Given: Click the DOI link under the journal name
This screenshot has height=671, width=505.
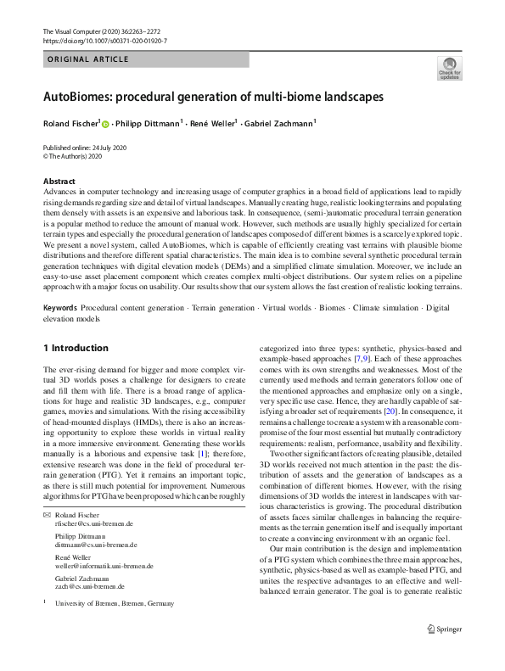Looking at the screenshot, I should pos(104,40).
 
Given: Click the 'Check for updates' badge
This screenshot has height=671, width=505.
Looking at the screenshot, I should pos(449,69).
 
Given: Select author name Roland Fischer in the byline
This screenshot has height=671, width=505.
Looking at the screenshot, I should pos(70,124).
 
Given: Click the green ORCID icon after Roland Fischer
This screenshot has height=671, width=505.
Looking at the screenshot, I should pos(106,124).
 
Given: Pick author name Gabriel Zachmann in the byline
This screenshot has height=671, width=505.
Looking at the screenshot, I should pos(279,124).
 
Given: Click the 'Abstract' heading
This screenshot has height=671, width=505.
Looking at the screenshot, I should pos(59,182).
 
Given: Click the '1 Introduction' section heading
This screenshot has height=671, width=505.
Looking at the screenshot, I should pos(76,348).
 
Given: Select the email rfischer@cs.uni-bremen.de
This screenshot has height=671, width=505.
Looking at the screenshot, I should pos(93,525).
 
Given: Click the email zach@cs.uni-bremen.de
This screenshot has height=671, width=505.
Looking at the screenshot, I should pos(89,585).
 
